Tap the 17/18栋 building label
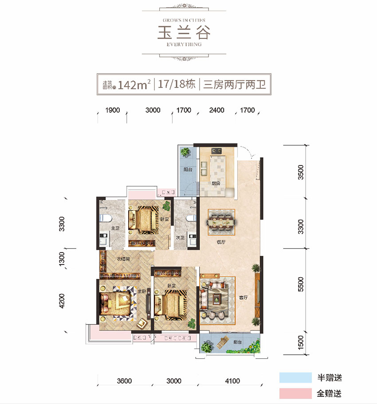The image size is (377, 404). click(x=176, y=84)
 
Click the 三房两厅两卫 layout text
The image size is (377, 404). click(x=234, y=84)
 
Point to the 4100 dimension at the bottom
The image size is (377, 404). click(x=232, y=380)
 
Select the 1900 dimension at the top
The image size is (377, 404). click(x=113, y=110)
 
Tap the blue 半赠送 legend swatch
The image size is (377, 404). click(x=296, y=378)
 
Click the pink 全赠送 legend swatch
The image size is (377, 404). click(x=296, y=393)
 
